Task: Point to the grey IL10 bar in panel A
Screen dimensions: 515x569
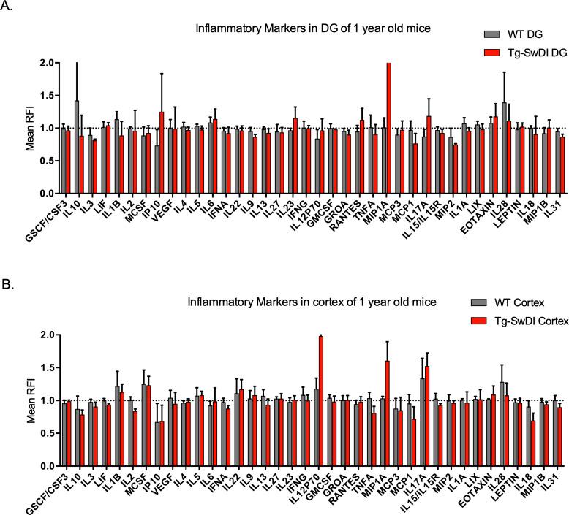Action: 76,146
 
